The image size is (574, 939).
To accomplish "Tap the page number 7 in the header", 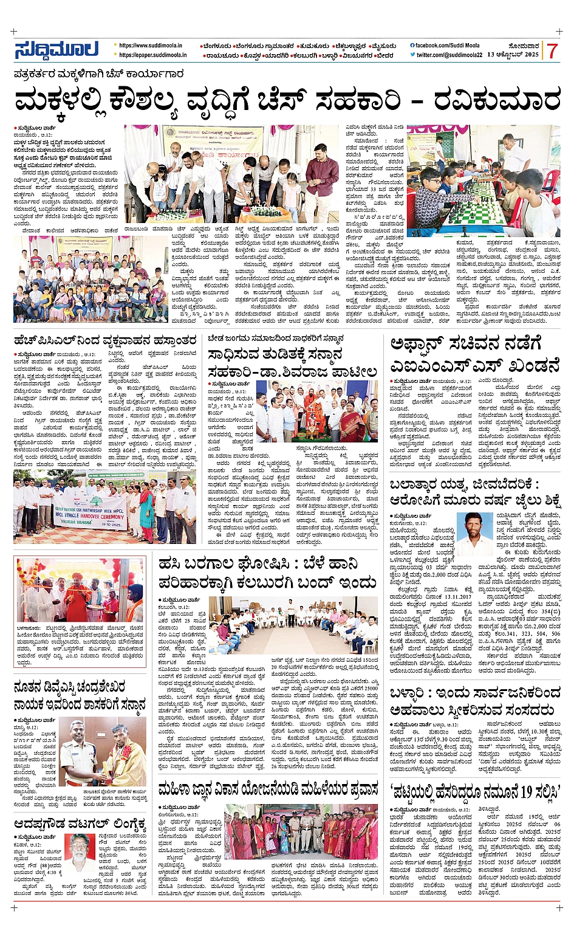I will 552,52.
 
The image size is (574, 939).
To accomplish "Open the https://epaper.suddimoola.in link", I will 152,55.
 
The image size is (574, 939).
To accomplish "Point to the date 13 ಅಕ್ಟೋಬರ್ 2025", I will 513,55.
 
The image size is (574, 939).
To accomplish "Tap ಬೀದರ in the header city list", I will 385,55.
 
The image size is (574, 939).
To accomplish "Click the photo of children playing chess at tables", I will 483,181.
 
